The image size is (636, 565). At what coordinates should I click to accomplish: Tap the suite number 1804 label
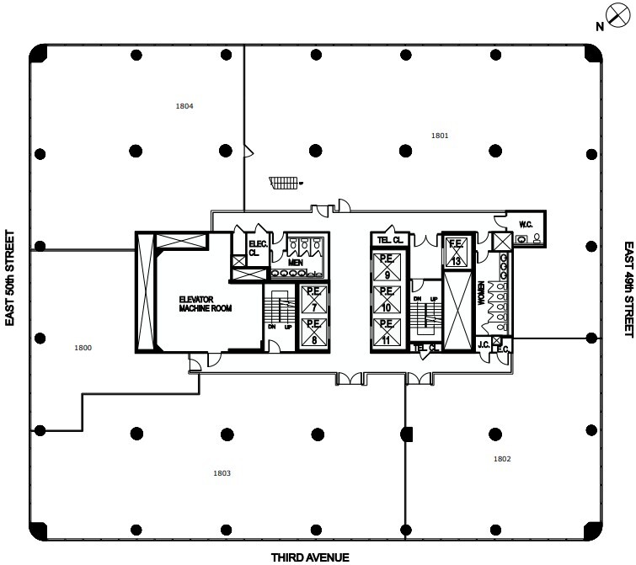point(185,107)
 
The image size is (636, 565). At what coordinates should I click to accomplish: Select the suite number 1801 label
point(439,135)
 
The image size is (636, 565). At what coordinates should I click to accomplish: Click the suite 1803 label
point(222,473)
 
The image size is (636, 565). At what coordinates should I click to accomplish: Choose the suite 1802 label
point(502,459)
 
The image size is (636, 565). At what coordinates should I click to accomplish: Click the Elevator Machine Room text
point(198,305)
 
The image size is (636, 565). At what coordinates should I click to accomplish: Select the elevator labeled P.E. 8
point(312,327)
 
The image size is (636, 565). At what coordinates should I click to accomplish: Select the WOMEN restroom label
point(483,295)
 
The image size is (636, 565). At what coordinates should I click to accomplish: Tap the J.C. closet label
point(484,344)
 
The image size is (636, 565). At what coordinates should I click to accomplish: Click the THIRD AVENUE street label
point(309,557)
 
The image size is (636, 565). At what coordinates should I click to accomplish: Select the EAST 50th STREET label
point(12,278)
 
